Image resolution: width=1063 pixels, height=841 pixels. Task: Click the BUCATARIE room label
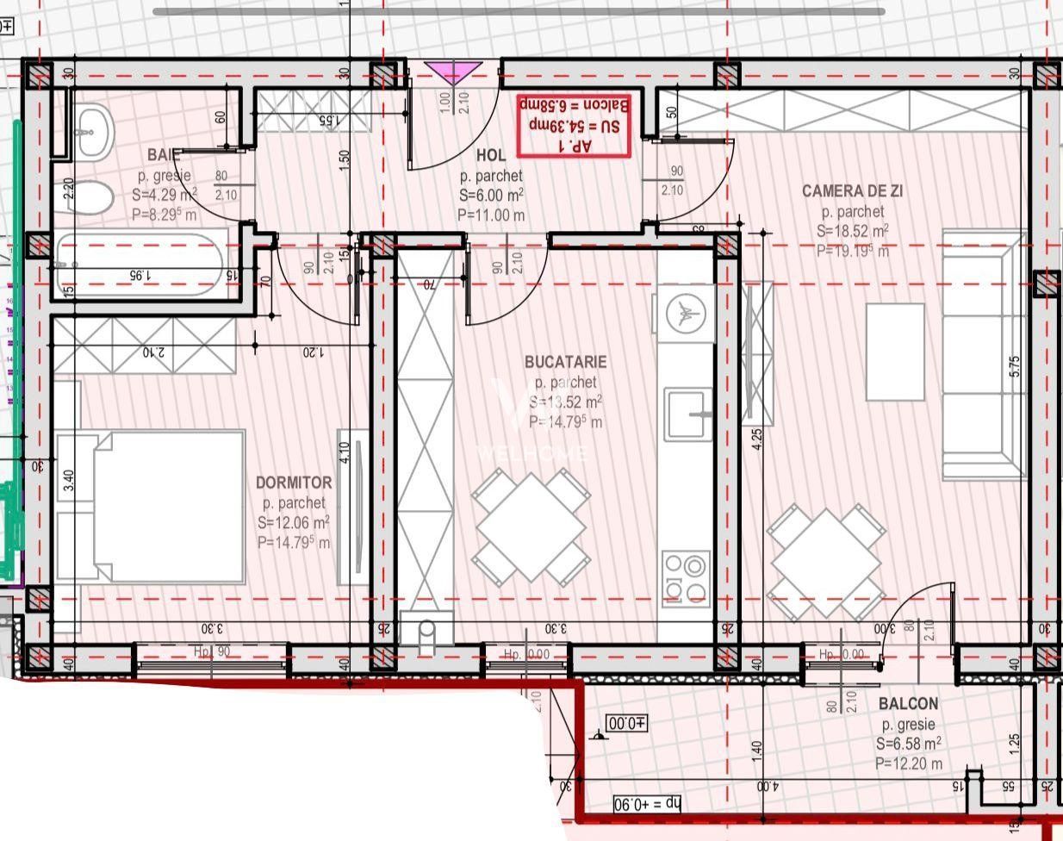(x=565, y=363)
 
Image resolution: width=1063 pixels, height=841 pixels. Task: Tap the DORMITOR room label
(x=294, y=483)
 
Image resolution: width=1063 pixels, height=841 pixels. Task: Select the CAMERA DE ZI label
(x=852, y=191)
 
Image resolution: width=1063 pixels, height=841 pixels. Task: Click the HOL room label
(x=490, y=156)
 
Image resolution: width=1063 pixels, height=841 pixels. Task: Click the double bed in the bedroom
(x=152, y=507)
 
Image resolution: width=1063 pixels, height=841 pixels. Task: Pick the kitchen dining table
(x=531, y=526)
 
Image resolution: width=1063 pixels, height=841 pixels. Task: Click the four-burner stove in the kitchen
(x=686, y=577)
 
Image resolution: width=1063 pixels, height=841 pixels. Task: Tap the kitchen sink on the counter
(x=687, y=414)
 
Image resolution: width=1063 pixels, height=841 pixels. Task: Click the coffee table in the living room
(x=895, y=352)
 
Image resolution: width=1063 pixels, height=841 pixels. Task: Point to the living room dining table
(x=826, y=561)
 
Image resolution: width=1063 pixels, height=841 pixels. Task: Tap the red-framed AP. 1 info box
(x=574, y=126)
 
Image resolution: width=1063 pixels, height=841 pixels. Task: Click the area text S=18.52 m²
(x=852, y=231)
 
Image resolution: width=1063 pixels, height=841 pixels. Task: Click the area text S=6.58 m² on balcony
(x=908, y=744)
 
